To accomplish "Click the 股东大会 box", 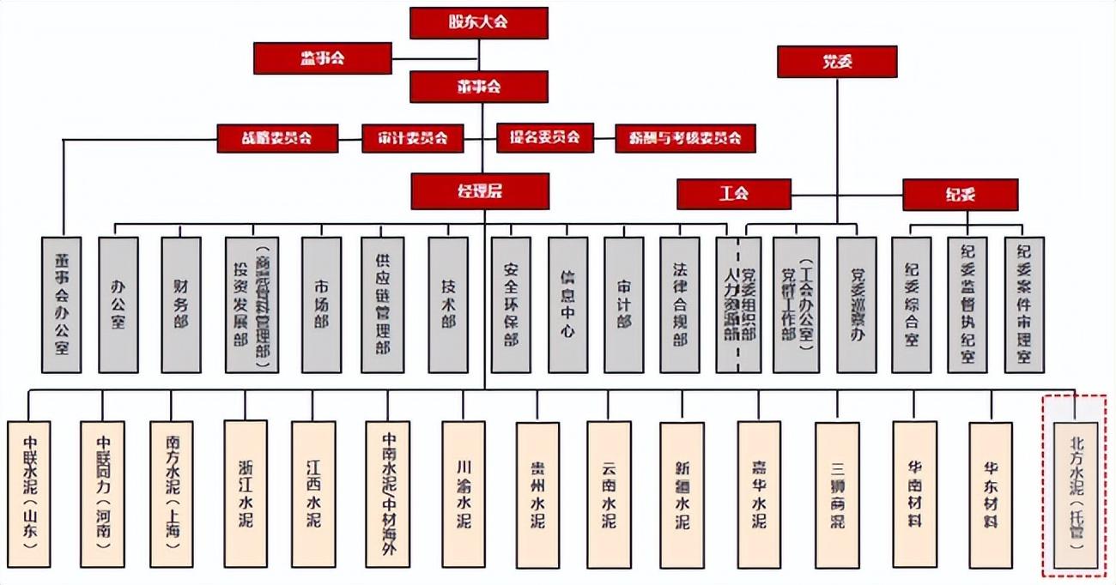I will (x=478, y=22).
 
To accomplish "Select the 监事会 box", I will (x=323, y=57).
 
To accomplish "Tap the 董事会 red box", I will (x=479, y=87).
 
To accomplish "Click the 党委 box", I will (x=837, y=62).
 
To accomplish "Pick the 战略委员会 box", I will (x=277, y=138).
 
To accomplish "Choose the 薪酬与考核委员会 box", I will (x=685, y=138).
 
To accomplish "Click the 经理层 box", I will (x=479, y=191).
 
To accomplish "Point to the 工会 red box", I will (x=733, y=194).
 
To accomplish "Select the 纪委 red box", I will (x=960, y=195).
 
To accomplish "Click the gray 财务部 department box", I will (x=181, y=305).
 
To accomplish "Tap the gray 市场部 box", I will (x=321, y=305).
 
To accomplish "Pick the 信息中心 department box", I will (x=567, y=305).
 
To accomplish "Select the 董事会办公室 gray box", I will (x=62, y=305).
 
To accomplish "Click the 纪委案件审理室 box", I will (x=1024, y=305).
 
